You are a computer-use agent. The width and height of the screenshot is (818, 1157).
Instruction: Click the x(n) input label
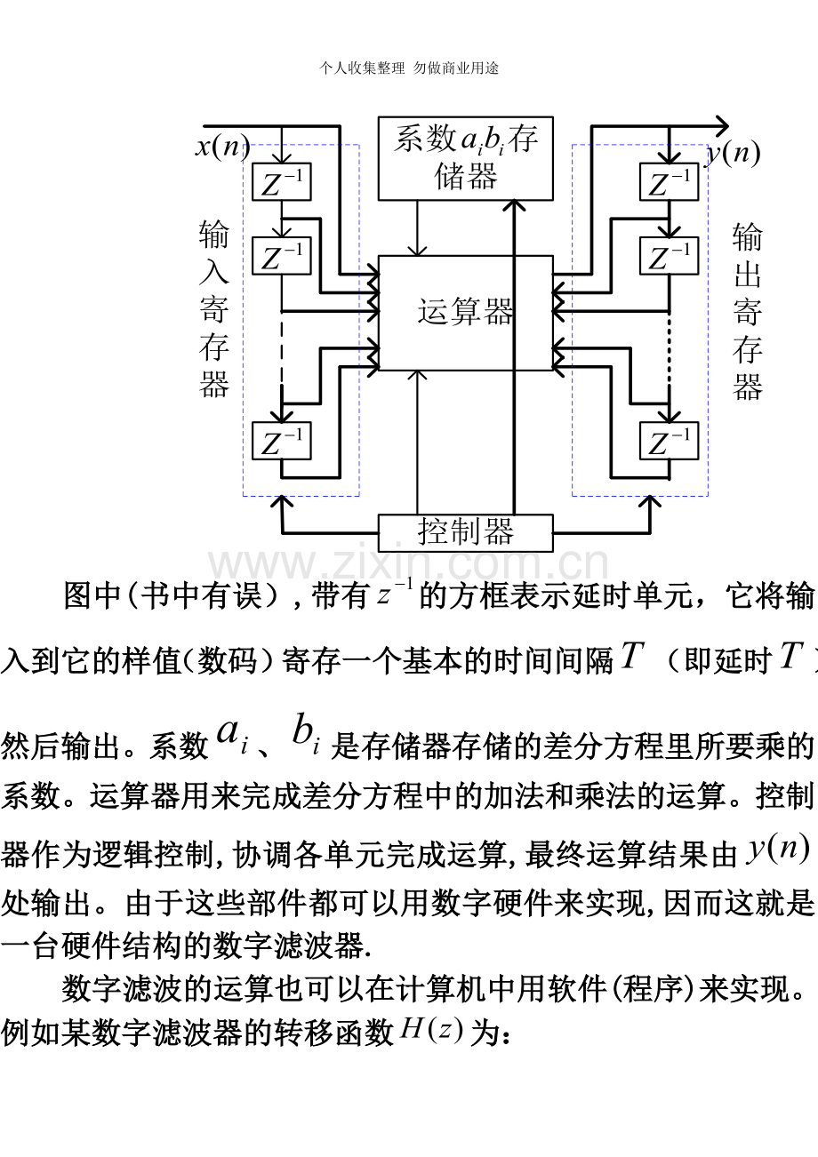[x=222, y=148]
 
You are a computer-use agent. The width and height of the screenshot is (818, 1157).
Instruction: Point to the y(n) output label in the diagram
[x=734, y=154]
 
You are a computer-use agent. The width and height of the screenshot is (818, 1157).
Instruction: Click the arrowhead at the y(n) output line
[x=721, y=125]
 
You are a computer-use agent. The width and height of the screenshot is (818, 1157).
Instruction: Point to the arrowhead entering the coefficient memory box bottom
[x=514, y=205]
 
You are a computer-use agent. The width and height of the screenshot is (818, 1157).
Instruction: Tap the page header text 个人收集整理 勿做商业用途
[x=409, y=68]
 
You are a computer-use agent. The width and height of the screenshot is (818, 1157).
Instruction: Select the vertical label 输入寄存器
[x=214, y=308]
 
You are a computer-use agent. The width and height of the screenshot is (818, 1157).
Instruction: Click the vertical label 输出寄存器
[x=747, y=311]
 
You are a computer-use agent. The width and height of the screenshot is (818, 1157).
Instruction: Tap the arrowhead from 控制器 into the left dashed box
[x=282, y=501]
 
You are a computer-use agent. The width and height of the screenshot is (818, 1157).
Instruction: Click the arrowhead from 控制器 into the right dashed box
[x=650, y=501]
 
